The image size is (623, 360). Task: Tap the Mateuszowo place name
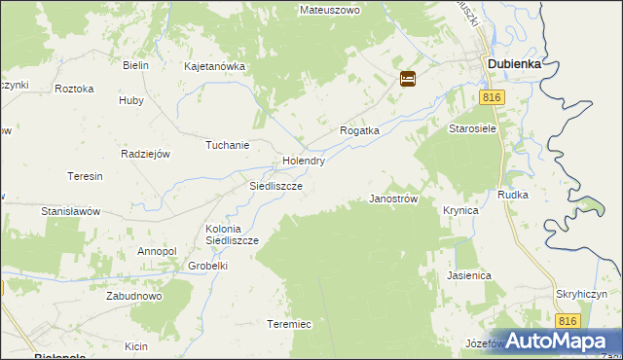(x=329, y=10)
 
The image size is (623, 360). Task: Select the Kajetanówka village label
(x=215, y=67)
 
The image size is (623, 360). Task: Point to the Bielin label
(x=135, y=65)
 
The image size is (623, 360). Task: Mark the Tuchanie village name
(x=227, y=146)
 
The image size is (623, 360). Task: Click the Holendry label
(x=303, y=162)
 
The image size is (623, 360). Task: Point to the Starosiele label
(x=473, y=128)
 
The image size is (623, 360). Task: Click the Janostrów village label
(x=393, y=198)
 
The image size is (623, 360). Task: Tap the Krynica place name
(x=460, y=210)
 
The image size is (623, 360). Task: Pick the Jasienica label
(x=469, y=275)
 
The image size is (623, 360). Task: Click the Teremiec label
(x=289, y=324)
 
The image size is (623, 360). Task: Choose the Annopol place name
(x=157, y=251)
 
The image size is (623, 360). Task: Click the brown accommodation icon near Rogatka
(x=408, y=79)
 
